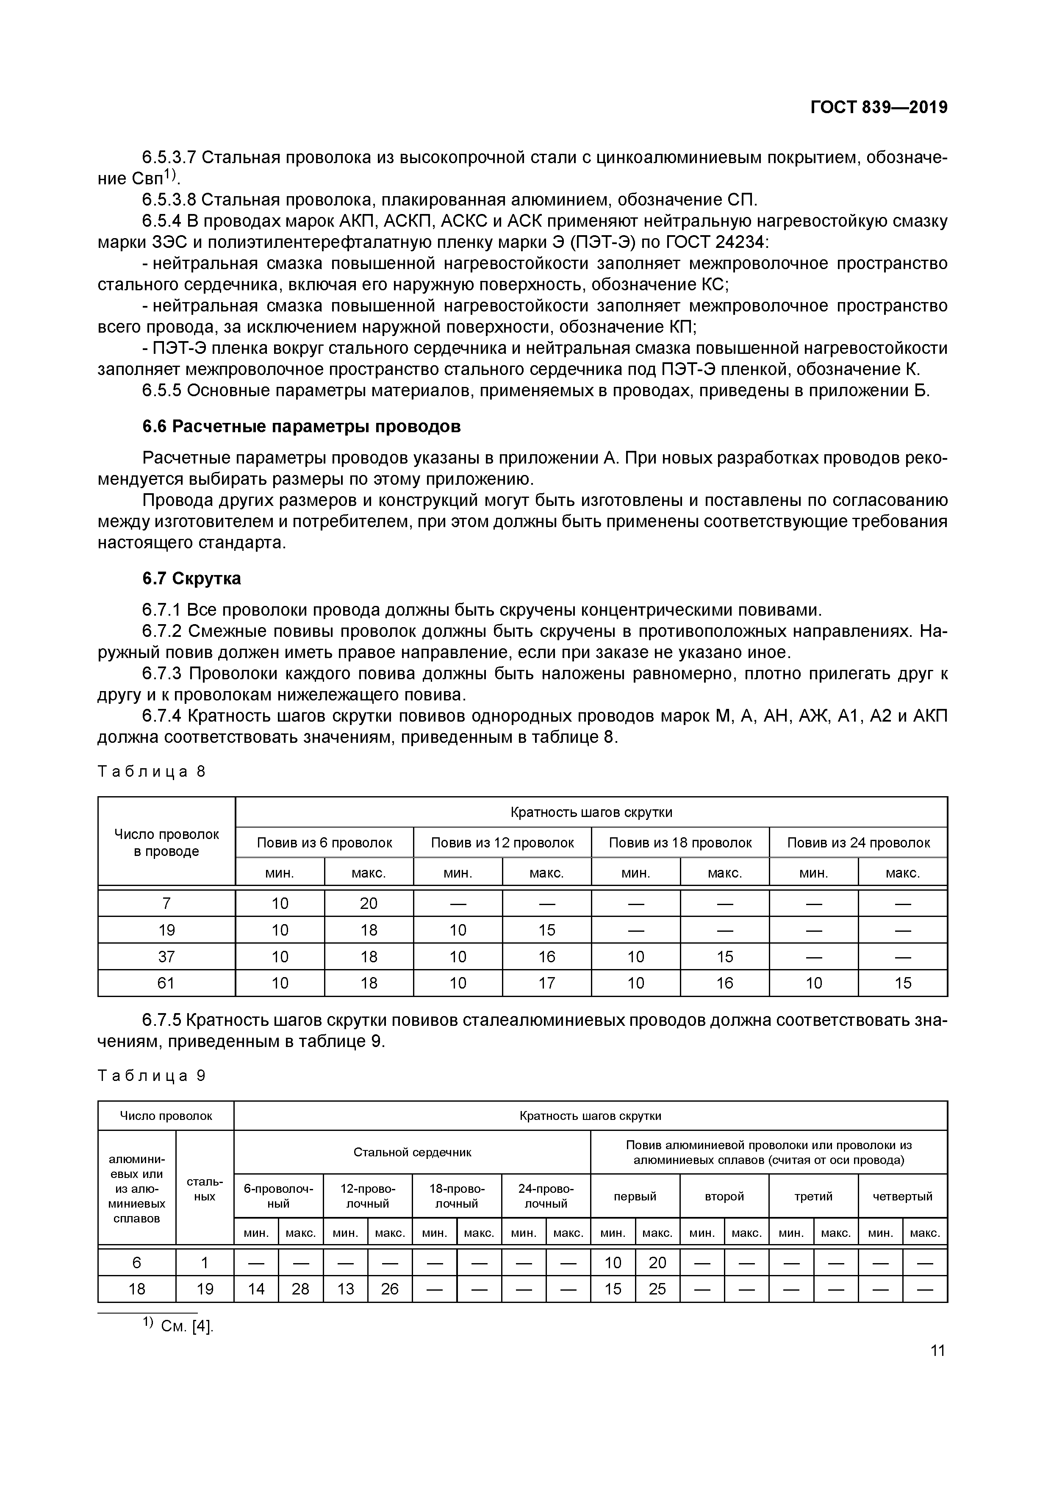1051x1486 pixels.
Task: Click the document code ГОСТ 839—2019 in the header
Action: [878, 108]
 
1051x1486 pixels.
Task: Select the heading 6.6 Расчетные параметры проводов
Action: [302, 427]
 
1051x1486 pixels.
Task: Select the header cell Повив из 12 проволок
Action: [502, 843]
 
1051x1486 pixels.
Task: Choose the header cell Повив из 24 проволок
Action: [858, 843]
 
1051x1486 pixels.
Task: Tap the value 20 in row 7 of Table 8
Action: [368, 903]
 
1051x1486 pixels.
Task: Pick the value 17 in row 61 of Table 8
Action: [547, 983]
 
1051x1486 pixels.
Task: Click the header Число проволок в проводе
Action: [166, 843]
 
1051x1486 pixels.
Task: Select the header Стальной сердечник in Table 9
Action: [412, 1152]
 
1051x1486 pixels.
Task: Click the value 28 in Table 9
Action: [300, 1289]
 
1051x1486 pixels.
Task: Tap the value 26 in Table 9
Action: [390, 1289]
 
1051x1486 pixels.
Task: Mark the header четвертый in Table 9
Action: [902, 1196]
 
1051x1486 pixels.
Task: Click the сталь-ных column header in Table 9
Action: [205, 1189]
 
